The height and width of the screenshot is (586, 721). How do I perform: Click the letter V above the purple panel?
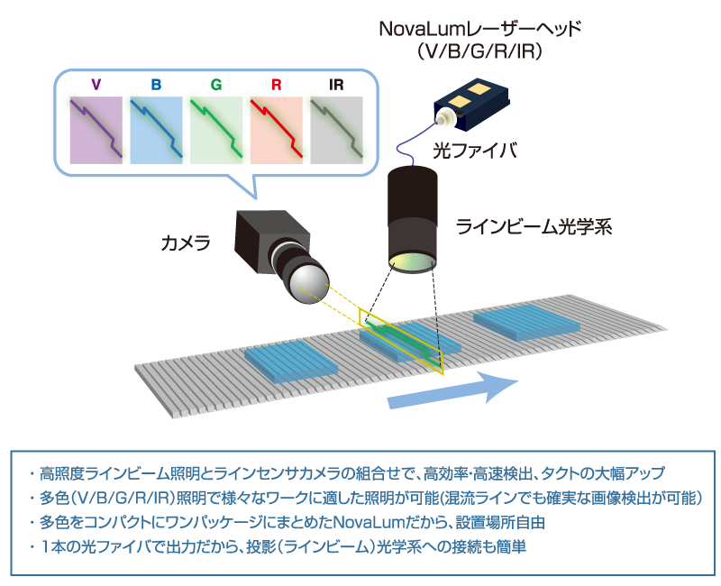pos(96,85)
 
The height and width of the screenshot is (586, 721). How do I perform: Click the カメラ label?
pos(186,243)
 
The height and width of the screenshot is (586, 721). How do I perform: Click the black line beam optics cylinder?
pos(415,214)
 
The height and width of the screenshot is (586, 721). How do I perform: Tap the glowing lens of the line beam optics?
pos(415,261)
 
